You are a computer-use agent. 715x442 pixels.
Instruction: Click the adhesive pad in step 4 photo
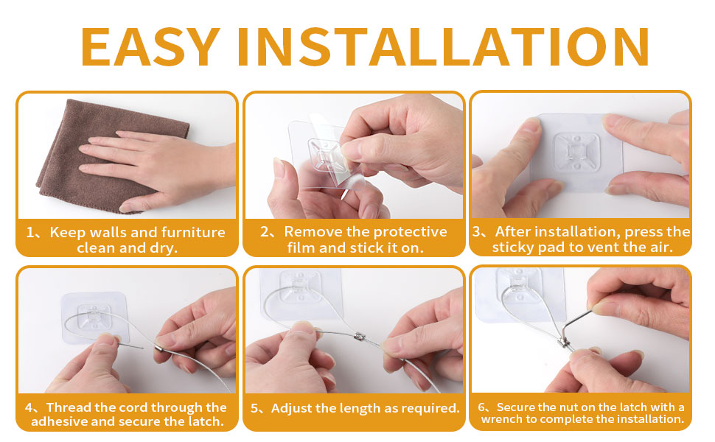coord(91,317)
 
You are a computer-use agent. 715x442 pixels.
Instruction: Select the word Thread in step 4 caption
coord(71,407)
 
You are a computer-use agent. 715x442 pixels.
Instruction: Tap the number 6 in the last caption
coord(482,407)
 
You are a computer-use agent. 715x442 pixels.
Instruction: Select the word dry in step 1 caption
coord(164,248)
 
